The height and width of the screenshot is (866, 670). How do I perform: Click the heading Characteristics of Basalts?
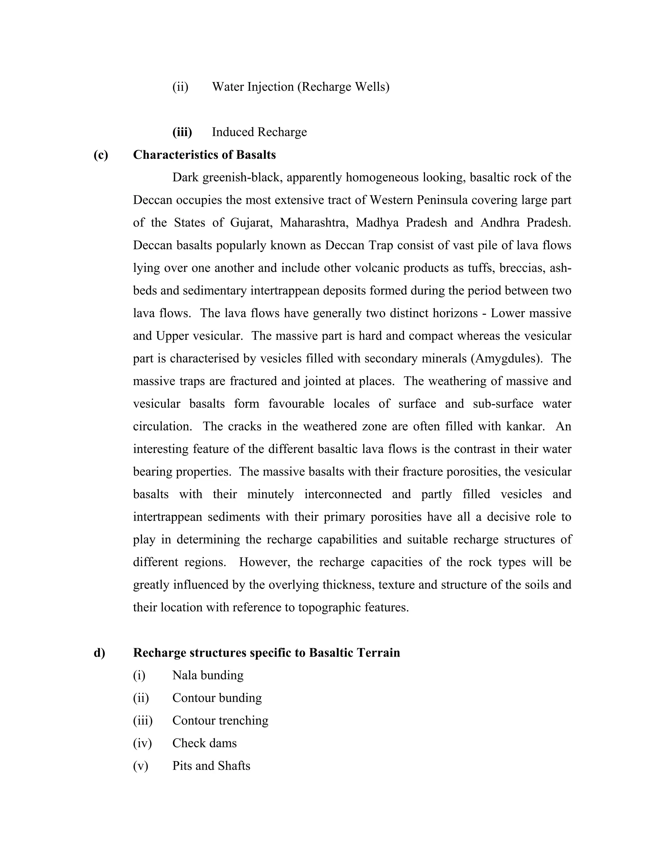(204, 155)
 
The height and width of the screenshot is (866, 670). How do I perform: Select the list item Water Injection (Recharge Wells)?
(300, 87)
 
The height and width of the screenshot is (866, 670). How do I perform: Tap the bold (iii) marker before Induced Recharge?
(182, 132)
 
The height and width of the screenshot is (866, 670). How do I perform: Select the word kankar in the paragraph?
(524, 426)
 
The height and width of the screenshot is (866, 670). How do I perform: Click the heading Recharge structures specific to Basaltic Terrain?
(266, 653)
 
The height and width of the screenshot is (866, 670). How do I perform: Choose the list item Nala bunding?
(208, 675)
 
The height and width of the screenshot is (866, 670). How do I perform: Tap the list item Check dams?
(204, 743)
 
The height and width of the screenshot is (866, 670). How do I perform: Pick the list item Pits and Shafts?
(211, 766)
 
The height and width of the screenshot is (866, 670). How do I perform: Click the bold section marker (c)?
(101, 155)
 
